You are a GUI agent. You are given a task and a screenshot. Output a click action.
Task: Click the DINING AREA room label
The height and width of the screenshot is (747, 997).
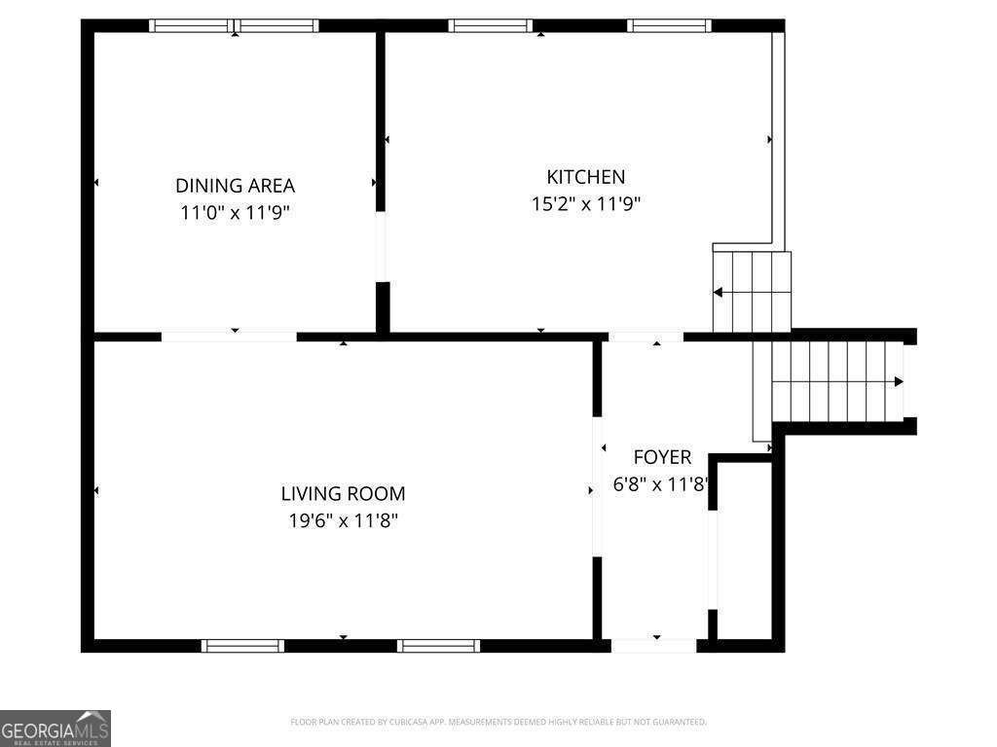pos(235,186)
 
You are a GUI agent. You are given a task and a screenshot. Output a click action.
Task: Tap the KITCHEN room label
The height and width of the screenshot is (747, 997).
pos(585,177)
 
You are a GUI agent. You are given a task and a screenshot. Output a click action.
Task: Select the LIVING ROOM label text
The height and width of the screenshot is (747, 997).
pos(343,493)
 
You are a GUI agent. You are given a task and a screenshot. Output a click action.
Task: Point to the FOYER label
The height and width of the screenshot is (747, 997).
pos(662,457)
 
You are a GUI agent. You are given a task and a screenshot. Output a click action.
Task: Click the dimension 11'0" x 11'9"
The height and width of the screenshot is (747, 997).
pos(235,212)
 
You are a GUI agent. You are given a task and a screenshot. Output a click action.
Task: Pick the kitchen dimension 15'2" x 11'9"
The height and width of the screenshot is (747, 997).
pos(585,204)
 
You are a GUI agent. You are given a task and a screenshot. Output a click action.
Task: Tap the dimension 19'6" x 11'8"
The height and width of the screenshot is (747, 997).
pos(343,521)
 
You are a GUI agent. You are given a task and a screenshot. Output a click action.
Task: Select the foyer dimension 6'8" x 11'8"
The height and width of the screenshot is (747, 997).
pos(661,484)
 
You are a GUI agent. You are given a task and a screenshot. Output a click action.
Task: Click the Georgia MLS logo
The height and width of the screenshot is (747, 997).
pos(55,729)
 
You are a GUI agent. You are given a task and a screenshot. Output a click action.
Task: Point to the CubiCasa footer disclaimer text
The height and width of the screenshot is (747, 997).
pos(498,723)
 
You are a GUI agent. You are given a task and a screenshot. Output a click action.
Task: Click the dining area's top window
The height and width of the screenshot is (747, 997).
pos(234,26)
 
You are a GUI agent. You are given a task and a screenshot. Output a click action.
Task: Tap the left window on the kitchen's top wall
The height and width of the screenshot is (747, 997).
pos(491,26)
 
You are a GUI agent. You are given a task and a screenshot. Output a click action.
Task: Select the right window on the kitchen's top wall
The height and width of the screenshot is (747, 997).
pos(669,26)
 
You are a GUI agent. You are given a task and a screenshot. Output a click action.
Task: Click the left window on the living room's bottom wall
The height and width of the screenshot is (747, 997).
pos(242,646)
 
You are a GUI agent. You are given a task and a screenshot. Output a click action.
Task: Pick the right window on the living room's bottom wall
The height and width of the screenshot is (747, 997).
pos(439,646)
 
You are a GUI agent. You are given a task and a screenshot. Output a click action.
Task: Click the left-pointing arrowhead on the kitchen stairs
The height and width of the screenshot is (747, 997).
pos(718,293)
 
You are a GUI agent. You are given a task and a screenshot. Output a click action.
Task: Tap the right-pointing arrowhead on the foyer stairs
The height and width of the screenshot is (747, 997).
pos(899,381)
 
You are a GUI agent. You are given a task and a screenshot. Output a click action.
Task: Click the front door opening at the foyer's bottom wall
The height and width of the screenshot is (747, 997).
pos(653,646)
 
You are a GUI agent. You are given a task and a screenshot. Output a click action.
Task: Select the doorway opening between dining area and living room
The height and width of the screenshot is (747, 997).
pos(229,337)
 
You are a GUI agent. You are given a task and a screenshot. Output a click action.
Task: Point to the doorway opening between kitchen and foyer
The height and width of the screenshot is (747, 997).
pos(646,337)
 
